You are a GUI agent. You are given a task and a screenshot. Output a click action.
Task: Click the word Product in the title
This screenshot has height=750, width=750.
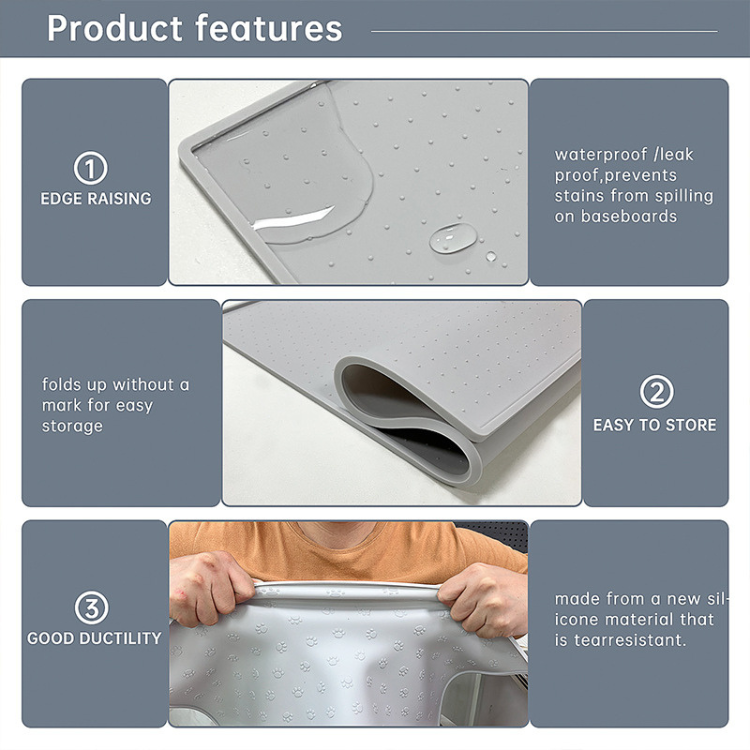(115, 28)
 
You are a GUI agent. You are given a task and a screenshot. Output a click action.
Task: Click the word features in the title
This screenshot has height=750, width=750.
(269, 28)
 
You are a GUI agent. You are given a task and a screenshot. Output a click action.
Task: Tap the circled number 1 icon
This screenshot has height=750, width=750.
(90, 168)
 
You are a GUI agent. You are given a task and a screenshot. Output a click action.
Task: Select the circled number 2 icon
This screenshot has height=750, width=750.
(656, 391)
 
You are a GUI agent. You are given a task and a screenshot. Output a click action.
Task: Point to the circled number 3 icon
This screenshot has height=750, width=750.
(91, 607)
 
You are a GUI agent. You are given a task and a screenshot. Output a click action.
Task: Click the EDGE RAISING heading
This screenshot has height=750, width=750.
(96, 199)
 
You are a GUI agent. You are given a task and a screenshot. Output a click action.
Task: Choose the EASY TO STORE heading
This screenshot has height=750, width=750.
(655, 425)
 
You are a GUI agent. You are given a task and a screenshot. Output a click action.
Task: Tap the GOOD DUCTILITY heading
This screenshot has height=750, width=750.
(94, 638)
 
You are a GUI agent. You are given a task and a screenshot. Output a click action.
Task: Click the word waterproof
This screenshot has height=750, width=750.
(601, 155)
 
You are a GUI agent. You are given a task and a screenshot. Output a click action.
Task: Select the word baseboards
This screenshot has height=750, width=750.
(629, 216)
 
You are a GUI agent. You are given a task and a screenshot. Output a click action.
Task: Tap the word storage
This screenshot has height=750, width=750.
(72, 426)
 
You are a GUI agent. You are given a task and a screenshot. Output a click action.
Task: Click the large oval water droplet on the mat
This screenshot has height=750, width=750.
(453, 238)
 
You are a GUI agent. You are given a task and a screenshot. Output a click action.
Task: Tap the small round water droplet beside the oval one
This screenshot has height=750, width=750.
(491, 256)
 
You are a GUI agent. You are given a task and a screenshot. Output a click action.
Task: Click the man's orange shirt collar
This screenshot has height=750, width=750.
(341, 532)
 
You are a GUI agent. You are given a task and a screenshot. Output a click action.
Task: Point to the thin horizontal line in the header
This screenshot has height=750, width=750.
(544, 32)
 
